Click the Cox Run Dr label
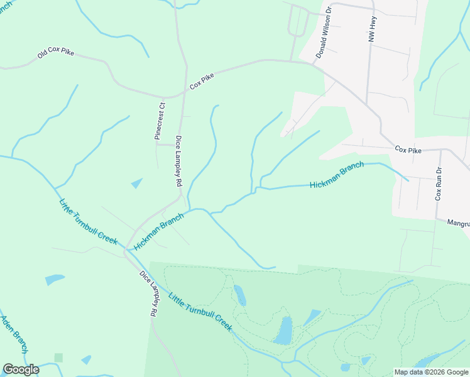[x=439, y=183]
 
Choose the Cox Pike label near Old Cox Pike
[x=202, y=80]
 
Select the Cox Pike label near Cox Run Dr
[x=408, y=150]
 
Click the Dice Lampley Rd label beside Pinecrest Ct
[x=178, y=161]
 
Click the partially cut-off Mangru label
[x=458, y=222]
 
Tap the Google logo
[x=20, y=369]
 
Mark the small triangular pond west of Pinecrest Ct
[x=136, y=183]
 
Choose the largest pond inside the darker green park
[x=283, y=331]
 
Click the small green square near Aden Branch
[x=58, y=358]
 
